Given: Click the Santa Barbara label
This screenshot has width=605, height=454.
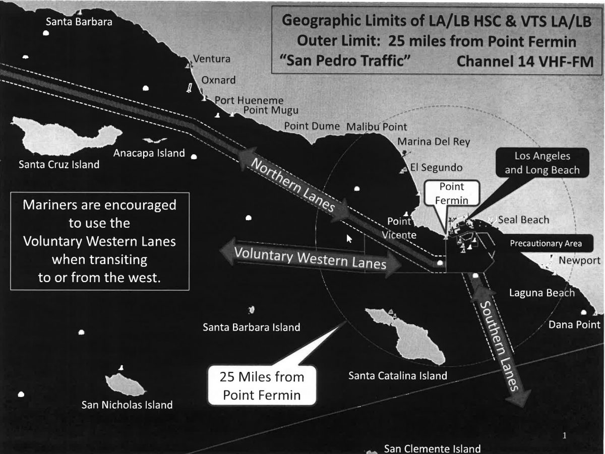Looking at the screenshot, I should [79, 22].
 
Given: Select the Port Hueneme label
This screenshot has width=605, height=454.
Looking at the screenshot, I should [249, 100].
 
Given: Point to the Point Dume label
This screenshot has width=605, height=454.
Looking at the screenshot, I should [312, 126].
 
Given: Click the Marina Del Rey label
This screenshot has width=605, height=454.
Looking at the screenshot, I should [434, 142].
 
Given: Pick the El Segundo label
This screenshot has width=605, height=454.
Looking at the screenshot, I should [436, 167].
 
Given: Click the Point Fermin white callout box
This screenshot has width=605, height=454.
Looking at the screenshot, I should [451, 193].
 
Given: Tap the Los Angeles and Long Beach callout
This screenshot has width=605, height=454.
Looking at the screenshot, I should [542, 163].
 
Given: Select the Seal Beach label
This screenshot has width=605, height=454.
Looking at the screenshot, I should [523, 220].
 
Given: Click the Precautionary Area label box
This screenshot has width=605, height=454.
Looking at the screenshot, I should [546, 244].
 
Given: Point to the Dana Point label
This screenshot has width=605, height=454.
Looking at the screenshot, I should [574, 325].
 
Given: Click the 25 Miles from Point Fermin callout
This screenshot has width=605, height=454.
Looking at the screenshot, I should [262, 385].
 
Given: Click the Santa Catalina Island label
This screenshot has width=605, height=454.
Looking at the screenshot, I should [397, 376].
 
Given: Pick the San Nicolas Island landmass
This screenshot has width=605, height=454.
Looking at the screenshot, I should [125, 384].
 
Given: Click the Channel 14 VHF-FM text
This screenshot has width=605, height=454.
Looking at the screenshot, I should [524, 61].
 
